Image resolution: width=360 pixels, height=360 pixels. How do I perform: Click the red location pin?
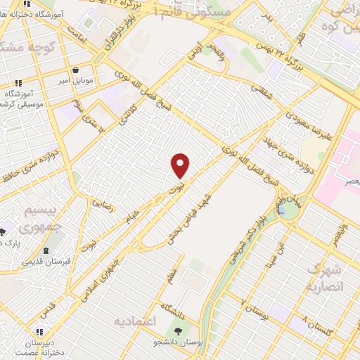pyautogui.click(x=181, y=165)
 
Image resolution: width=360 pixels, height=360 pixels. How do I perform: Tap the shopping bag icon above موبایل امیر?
pyautogui.click(x=76, y=69)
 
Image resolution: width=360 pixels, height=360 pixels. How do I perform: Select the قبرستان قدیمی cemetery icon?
pyautogui.click(x=46, y=250)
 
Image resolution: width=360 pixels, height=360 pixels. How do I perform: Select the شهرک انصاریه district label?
pyautogui.click(x=325, y=278)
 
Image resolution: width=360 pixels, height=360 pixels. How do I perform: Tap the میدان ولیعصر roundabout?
pyautogui.click(x=287, y=209)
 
